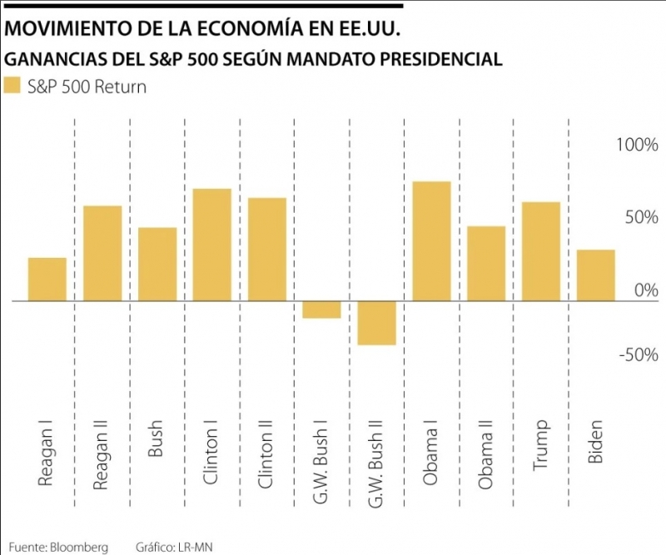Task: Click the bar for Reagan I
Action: [47, 280]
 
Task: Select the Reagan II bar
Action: [102, 253]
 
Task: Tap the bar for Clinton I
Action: [212, 245]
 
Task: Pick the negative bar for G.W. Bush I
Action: [321, 310]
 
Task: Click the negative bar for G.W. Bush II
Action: [376, 323]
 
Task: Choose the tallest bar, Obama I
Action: [431, 241]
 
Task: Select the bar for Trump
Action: [541, 251]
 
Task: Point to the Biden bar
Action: [596, 275]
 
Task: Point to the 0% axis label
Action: [645, 290]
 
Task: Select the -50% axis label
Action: [639, 355]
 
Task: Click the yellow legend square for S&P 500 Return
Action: [12, 86]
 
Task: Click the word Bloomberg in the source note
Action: [78, 547]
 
